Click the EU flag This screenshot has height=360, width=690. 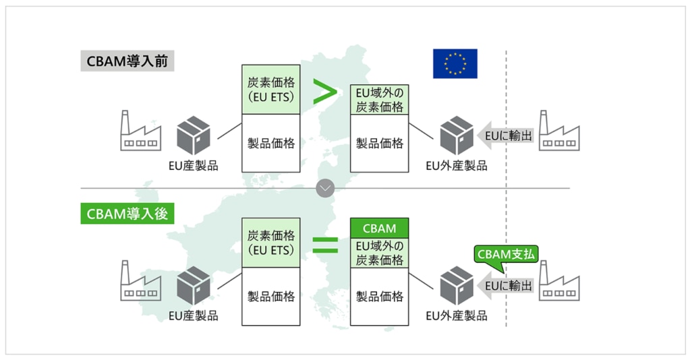(x=455, y=63)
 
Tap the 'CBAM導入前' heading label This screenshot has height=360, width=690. (x=127, y=61)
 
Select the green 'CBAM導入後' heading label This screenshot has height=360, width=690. (x=127, y=214)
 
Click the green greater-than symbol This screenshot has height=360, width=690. (x=324, y=92)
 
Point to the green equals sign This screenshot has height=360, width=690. (x=325, y=245)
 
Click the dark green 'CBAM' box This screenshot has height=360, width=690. (x=379, y=229)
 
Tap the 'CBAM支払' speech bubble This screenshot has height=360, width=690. (x=506, y=256)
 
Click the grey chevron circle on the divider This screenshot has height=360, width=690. (x=325, y=188)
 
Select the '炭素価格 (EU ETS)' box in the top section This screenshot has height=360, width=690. (x=271, y=90)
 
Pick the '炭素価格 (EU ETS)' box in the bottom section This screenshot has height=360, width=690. (x=271, y=243)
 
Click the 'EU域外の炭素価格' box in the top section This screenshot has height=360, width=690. (x=379, y=100)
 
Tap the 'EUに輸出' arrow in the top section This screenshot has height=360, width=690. (x=506, y=136)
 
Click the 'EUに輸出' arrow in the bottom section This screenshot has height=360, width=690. (x=506, y=286)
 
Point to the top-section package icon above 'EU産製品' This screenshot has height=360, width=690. (x=193, y=136)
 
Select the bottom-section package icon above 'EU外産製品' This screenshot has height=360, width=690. (x=457, y=286)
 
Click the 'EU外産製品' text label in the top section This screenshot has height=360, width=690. (x=457, y=166)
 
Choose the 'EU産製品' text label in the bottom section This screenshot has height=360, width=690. (x=193, y=316)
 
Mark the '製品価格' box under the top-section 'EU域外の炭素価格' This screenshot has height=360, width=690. (x=379, y=144)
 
